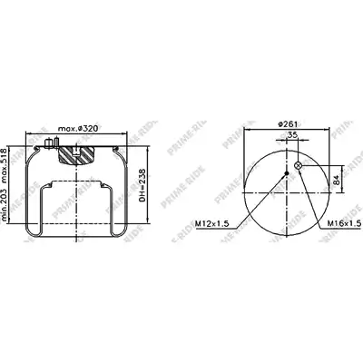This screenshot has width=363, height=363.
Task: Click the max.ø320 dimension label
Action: [78, 129]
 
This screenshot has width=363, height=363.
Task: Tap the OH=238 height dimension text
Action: [143, 186]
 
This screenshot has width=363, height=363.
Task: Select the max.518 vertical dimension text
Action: [4, 167]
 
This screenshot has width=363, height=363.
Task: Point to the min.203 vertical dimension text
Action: [4, 206]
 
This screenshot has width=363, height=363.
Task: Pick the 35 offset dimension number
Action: [292, 135]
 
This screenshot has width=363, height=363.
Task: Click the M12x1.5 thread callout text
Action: [212, 223]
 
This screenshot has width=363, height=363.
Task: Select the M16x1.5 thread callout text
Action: [345, 223]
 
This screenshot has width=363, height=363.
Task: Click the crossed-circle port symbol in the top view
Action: [298, 165]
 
